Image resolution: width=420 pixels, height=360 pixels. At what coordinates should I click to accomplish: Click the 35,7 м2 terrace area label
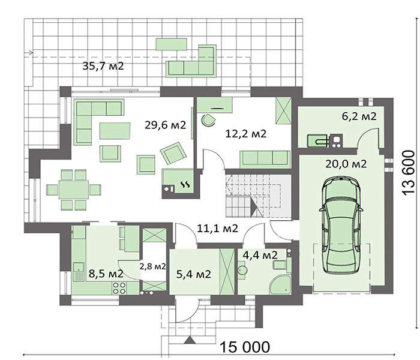tap(103, 66)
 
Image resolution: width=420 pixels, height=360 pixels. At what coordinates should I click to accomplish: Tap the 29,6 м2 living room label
tap(165, 125)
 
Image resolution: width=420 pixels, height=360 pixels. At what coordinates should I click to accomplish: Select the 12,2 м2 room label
tap(246, 133)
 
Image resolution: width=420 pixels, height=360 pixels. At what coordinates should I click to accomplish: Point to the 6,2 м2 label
tap(359, 116)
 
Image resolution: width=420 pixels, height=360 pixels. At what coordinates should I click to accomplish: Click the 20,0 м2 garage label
tap(346, 164)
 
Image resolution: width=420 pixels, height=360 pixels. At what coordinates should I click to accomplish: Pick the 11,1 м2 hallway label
tap(217, 229)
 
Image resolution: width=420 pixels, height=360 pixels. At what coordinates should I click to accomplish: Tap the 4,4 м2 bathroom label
tap(260, 255)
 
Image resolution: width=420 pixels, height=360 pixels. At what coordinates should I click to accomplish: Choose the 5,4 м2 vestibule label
tap(194, 274)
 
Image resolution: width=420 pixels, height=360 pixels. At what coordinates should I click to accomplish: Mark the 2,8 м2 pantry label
tap(152, 266)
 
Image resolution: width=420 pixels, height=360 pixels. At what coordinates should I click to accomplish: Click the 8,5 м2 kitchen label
tap(106, 274)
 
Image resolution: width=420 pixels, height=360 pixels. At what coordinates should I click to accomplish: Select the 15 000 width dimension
tap(245, 347)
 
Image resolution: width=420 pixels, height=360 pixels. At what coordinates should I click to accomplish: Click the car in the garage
tap(341, 225)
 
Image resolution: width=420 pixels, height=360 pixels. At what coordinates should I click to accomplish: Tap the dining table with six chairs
tap(74, 190)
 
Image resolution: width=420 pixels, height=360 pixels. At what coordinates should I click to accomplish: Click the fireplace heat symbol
tap(185, 184)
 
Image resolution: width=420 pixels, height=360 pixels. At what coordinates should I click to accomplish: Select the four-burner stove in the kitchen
tap(119, 288)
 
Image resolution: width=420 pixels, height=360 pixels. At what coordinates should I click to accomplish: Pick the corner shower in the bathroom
tap(280, 285)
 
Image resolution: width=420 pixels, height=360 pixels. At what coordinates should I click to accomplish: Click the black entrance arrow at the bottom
tap(190, 340)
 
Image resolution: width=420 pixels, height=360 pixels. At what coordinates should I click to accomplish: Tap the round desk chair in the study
tap(208, 120)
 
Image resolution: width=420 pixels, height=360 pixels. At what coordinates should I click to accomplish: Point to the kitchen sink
tap(79, 271)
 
